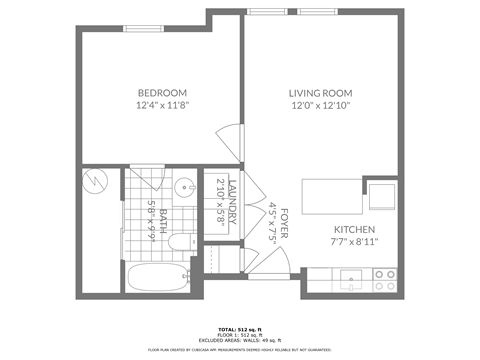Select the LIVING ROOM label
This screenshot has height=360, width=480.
321,92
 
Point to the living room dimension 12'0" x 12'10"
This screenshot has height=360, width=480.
321,104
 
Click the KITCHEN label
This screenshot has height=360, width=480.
355,229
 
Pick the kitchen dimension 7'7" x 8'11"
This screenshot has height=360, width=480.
355,241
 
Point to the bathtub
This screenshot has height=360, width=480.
160,279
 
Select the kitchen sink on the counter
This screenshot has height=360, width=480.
351,280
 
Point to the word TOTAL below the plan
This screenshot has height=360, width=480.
227,328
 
